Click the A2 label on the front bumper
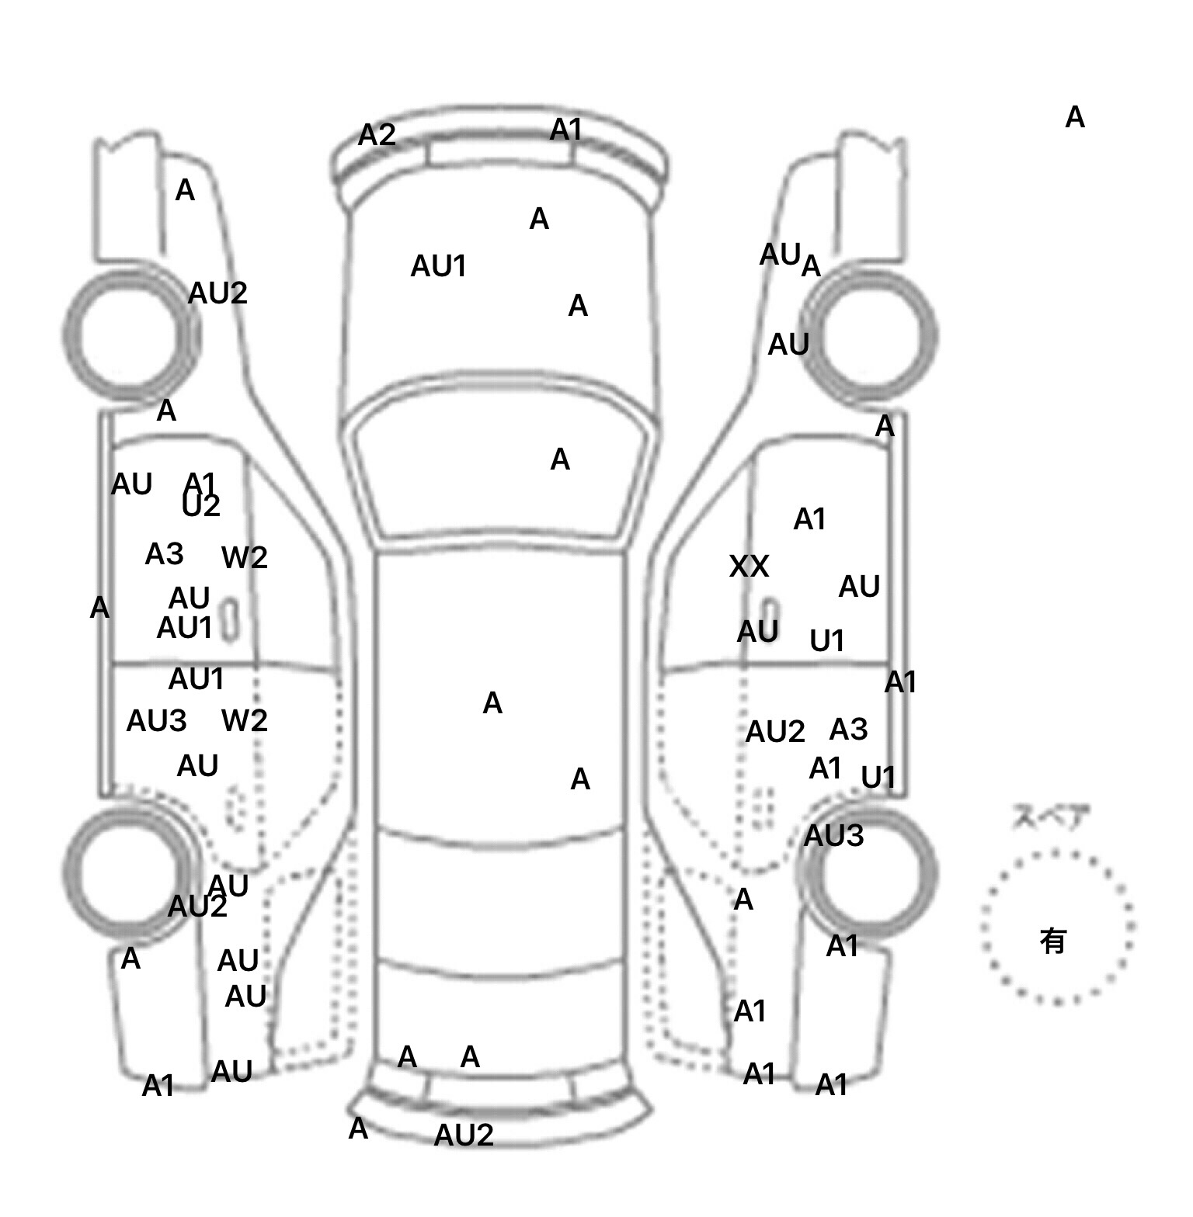377,136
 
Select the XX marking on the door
749,567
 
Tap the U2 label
201,506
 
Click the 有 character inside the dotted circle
1052,941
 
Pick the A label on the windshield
559,460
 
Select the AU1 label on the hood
438,266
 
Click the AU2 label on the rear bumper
463,1136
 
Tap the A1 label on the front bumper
565,130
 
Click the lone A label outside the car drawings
1074,117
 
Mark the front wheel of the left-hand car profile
130,335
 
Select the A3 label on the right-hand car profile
847,730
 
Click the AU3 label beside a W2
156,721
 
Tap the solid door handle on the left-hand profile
229,620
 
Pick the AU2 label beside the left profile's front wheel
217,293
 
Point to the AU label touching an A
780,255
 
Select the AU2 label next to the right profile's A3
774,732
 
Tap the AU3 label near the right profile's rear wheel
833,836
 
